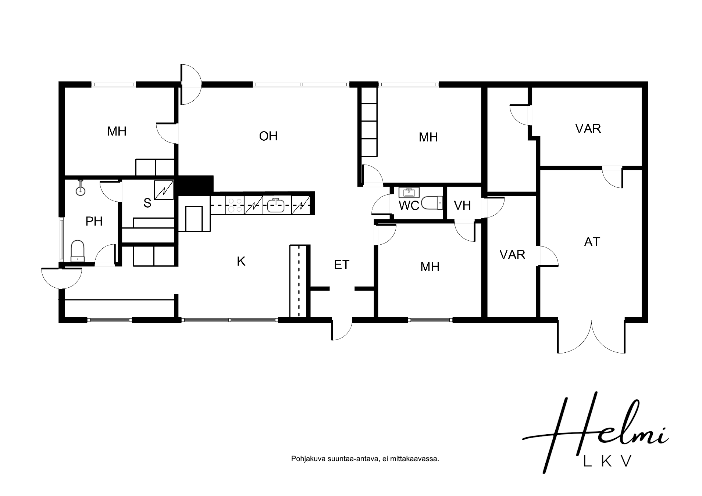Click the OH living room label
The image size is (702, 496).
268,136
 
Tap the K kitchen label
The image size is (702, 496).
241,261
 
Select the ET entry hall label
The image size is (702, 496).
341,265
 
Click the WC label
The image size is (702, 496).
409,206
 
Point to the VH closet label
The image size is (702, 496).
462,205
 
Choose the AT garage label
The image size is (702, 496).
592,242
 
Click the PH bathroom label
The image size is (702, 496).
94,221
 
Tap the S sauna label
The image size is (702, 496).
147,203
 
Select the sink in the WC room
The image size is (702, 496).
409,192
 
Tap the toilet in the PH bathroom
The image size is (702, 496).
78,251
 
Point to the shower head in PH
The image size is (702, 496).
80,188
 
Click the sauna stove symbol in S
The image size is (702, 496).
164,190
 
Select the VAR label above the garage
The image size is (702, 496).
588,129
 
